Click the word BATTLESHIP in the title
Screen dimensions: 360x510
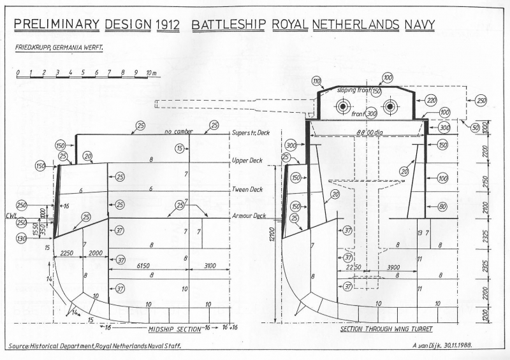[x=228, y=25]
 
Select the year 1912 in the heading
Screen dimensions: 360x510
[x=166, y=25]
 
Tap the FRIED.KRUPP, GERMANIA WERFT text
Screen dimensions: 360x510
[x=60, y=48]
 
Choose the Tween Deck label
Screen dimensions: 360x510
[x=248, y=190]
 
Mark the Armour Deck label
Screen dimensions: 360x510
[x=251, y=216]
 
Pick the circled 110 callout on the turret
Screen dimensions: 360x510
[x=317, y=80]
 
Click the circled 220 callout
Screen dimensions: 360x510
[x=431, y=100]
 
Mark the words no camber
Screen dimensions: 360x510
[x=178, y=131]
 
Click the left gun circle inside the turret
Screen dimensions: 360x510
[x=344, y=106]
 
